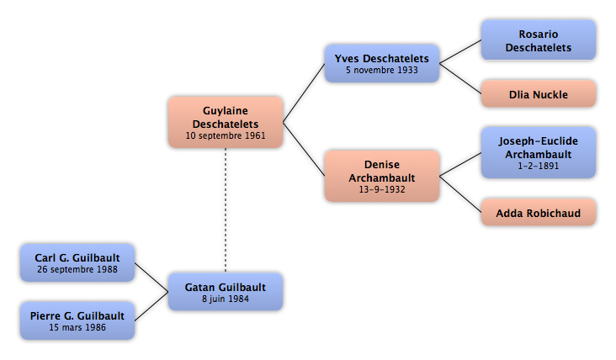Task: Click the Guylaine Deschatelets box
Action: [x=226, y=122]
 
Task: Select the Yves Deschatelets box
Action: [x=382, y=63]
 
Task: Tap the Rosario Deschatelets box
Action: [x=539, y=40]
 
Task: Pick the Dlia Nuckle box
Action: [x=539, y=94]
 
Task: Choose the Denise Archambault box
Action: [x=382, y=176]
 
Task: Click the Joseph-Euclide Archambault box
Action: [x=539, y=152]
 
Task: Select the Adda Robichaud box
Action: [x=539, y=213]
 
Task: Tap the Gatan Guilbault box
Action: [x=226, y=292]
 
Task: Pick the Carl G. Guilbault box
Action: [x=77, y=262]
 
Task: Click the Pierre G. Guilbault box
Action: [x=77, y=320]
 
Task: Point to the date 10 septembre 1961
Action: [x=226, y=135]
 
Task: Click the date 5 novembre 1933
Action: [x=382, y=71]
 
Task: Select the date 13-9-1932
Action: [x=382, y=189]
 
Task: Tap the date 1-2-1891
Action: [x=539, y=166]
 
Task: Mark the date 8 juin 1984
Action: [x=226, y=299]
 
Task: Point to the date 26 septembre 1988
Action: [x=77, y=270]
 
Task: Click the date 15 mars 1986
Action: [x=77, y=327]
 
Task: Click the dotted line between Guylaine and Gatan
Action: [x=226, y=210]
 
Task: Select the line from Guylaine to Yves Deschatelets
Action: [x=304, y=93]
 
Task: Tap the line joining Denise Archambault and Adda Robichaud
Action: [x=460, y=194]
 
